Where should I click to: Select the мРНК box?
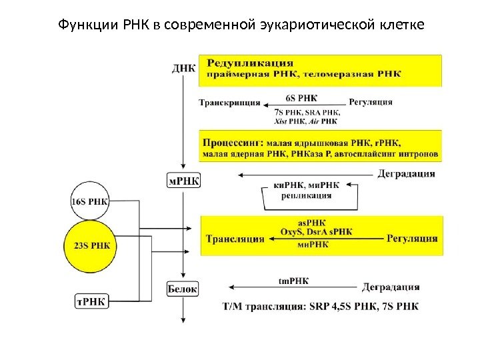(183, 181)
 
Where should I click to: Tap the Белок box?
(182, 289)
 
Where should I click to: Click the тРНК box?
(91, 301)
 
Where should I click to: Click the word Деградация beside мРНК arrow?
(407, 175)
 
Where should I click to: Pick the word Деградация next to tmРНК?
(391, 288)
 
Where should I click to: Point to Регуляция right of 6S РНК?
(371, 103)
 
